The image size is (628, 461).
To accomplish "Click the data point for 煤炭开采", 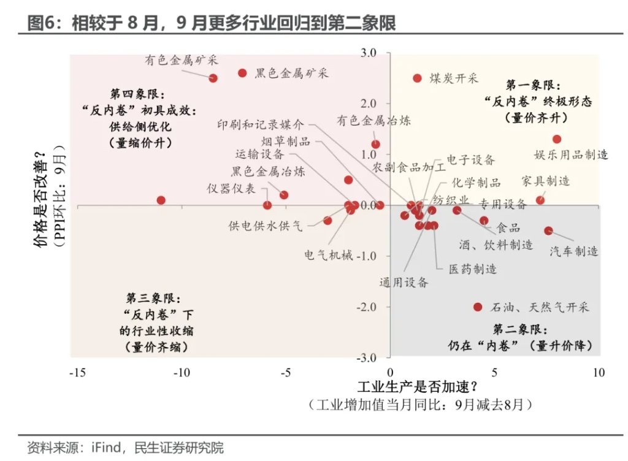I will [418, 78].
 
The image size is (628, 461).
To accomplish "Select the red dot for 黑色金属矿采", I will [242, 73].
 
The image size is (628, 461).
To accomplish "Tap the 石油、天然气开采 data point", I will [478, 307].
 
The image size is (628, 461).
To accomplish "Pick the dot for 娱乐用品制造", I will [557, 139].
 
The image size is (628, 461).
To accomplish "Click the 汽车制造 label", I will [573, 251].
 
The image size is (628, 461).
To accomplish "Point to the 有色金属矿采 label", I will [182, 60].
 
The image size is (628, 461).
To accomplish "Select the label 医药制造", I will [472, 269].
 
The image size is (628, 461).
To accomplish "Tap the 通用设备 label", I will [404, 283].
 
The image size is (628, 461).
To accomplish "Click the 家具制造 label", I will [545, 181].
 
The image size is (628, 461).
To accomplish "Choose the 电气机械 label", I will [329, 255].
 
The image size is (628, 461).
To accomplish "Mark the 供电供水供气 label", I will [266, 226].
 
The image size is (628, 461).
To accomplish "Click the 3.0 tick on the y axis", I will [367, 53].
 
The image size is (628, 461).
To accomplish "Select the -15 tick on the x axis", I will [77, 372].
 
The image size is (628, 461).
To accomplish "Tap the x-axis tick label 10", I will [599, 372].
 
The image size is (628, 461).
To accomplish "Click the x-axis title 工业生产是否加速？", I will [417, 388].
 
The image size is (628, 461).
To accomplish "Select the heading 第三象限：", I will [152, 299].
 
